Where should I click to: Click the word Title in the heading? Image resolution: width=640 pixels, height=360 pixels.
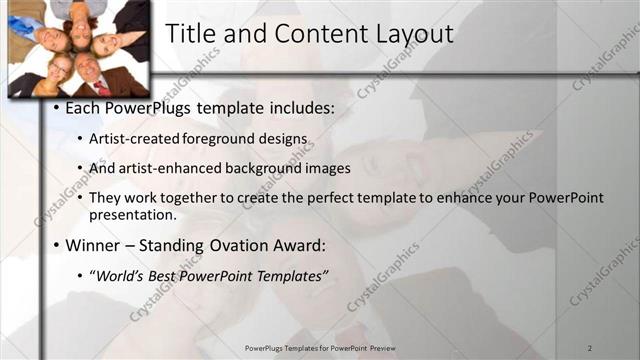click(x=190, y=33)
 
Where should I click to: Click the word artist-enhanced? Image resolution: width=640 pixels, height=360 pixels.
click(x=173, y=167)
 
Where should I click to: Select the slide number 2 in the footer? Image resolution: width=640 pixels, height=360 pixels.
click(x=591, y=347)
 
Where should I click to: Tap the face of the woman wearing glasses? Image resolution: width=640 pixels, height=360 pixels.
click(x=59, y=72)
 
